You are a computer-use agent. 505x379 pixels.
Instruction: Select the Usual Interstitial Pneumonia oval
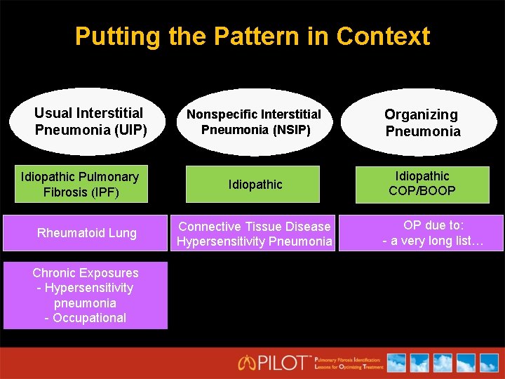tap(88, 121)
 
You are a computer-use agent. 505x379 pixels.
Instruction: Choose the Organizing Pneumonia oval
tap(422, 123)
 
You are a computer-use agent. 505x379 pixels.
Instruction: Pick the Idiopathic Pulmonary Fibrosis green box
tap(80, 184)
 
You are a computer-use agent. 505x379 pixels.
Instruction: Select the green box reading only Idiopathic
tap(255, 185)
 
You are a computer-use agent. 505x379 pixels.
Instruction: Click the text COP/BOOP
tap(422, 191)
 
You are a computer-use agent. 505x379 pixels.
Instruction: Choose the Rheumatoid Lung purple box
tap(86, 233)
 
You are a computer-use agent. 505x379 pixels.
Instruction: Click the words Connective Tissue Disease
tap(254, 226)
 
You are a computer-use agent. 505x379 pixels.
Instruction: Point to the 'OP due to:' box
tap(433, 233)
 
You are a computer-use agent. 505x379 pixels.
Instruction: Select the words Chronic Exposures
tap(86, 273)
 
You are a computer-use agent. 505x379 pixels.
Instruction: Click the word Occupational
tap(90, 318)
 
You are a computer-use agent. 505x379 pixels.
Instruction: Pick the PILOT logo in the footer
tap(275, 362)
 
